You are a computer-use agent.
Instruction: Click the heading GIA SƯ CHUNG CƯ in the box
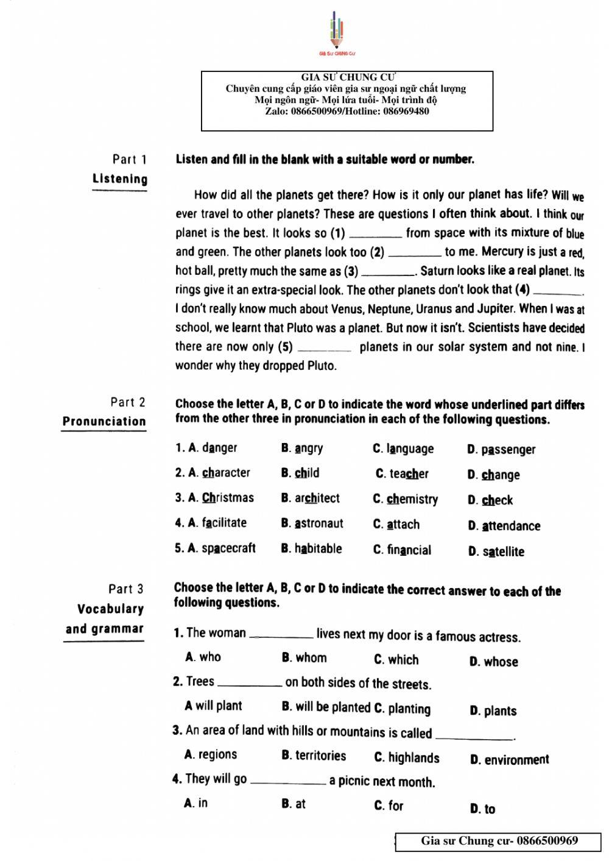tap(347, 77)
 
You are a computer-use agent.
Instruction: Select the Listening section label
tap(120, 179)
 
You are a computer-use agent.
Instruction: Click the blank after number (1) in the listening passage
tap(375, 234)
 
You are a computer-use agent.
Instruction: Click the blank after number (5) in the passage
tap(324, 348)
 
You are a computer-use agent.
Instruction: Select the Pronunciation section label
tap(104, 421)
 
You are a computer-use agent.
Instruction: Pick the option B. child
tap(300, 473)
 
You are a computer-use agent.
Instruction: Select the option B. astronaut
tap(312, 523)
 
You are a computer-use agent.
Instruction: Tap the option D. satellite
tap(496, 551)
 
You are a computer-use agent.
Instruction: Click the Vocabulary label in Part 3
tap(111, 609)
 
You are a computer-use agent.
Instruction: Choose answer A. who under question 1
tap(203, 657)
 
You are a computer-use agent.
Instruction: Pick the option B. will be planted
tap(326, 707)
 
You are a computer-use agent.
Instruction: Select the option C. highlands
tap(407, 757)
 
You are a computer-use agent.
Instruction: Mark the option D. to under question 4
tap(482, 809)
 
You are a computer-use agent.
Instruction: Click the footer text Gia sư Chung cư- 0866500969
tap(499, 841)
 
